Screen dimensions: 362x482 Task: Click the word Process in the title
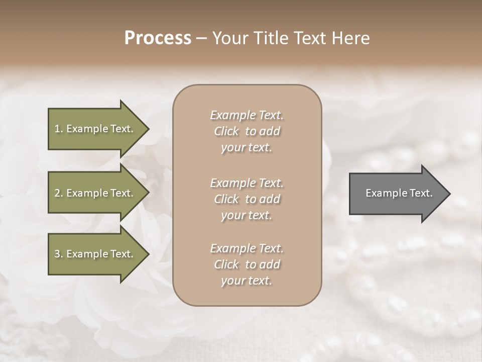click(158, 38)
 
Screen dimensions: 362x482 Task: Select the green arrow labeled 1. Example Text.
click(95, 129)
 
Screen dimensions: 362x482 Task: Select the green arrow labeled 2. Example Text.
click(95, 193)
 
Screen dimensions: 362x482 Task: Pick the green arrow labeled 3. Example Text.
click(95, 254)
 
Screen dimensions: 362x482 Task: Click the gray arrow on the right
click(397, 193)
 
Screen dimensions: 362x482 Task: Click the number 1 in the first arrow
click(57, 129)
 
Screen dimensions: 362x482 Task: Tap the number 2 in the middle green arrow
click(57, 193)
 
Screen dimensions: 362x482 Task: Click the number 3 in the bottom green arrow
click(57, 254)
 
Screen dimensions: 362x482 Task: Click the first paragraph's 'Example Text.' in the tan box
click(247, 115)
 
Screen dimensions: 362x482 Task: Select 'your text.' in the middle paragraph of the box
click(247, 215)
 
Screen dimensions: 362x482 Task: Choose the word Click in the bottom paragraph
click(226, 264)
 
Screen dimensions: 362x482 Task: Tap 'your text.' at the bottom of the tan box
click(247, 281)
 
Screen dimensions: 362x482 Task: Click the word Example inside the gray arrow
click(382, 193)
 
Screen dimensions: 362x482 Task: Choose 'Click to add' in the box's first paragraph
click(247, 131)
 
